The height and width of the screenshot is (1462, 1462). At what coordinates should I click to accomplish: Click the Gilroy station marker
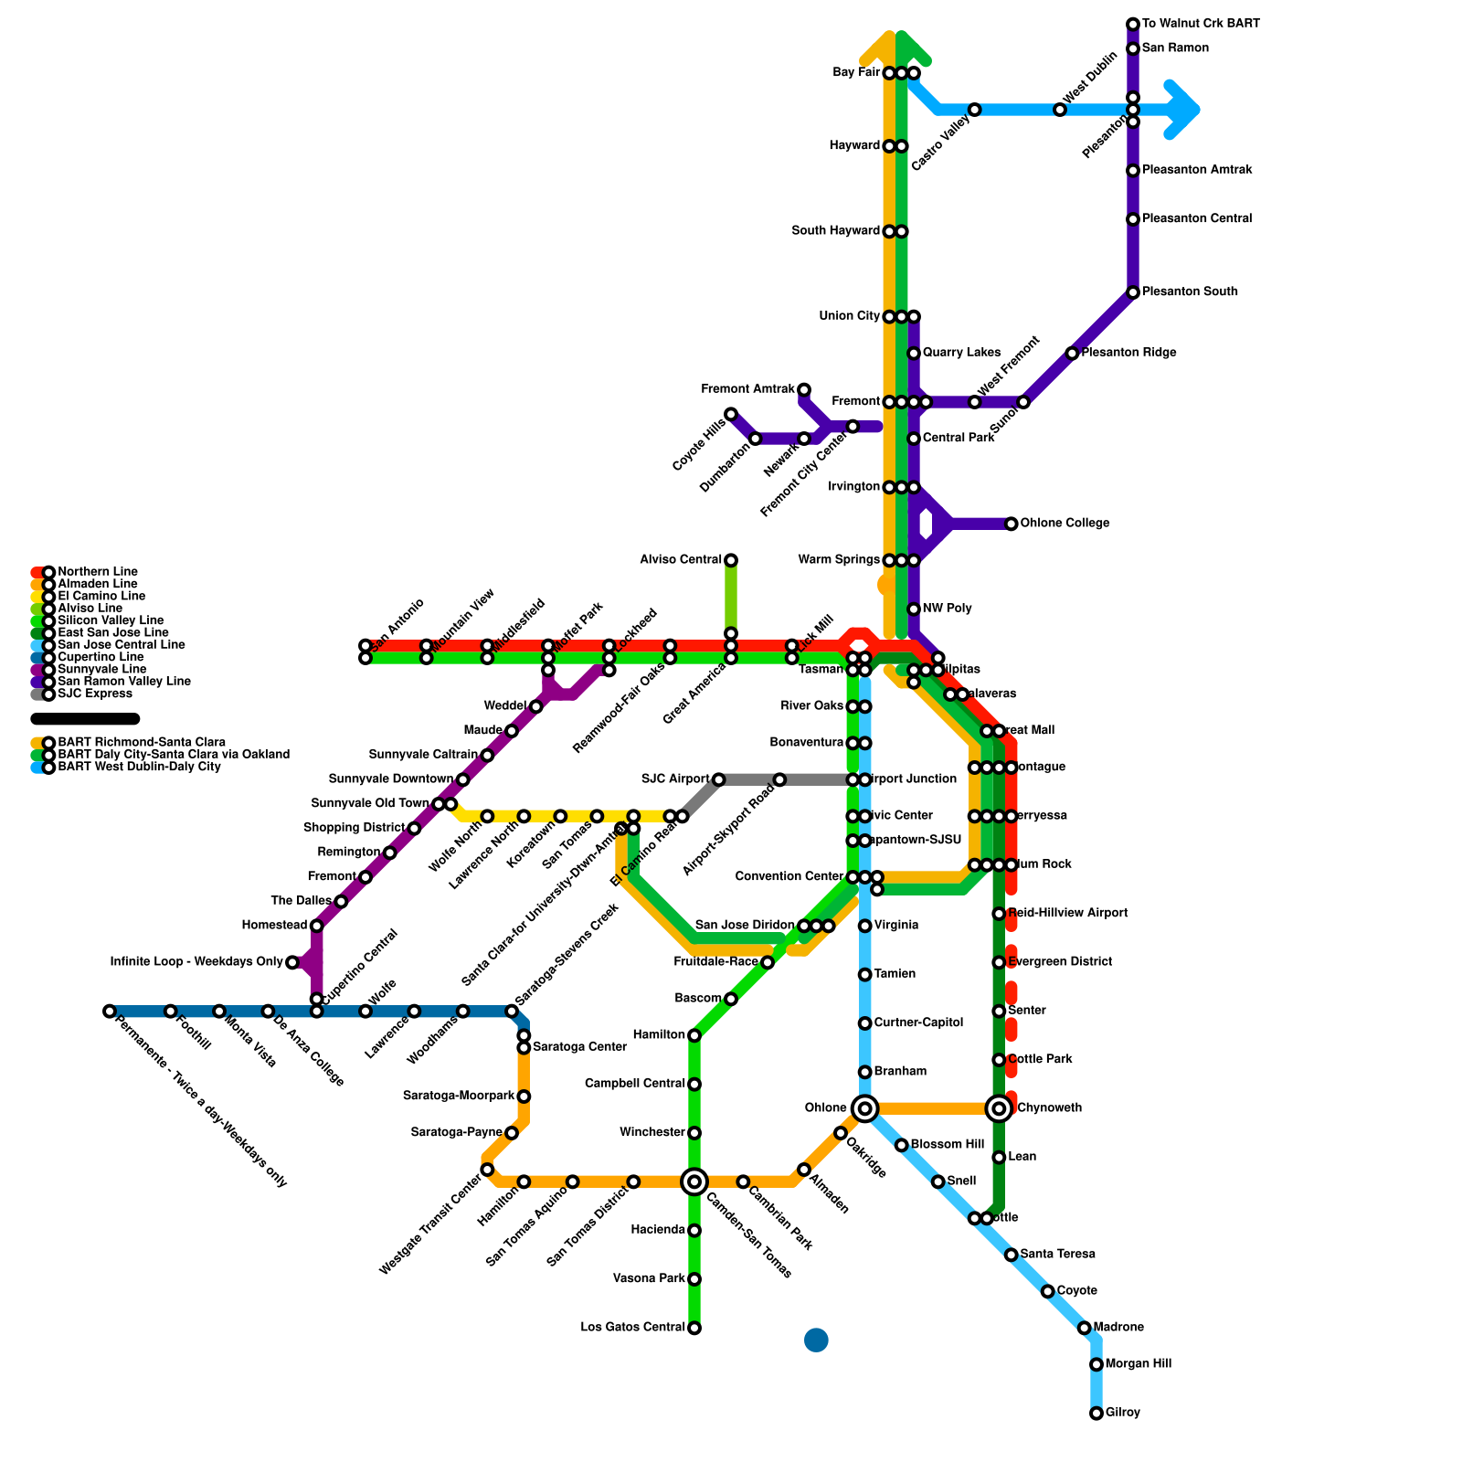[1096, 1414]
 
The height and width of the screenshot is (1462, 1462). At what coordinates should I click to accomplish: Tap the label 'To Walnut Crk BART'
[1201, 24]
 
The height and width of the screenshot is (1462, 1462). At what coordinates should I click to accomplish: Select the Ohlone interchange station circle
[864, 1108]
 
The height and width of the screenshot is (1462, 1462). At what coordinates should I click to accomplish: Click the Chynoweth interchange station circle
[999, 1108]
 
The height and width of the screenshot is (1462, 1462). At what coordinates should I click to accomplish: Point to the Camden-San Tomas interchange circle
[694, 1181]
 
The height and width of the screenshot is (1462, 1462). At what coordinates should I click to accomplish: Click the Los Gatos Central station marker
[694, 1328]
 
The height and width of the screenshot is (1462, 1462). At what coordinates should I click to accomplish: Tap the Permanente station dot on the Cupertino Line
[110, 1011]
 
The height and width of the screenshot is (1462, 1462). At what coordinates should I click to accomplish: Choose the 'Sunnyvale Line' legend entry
[97, 670]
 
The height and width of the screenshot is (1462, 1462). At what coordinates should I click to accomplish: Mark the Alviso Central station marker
[731, 560]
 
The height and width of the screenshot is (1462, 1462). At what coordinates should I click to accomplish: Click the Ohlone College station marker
[1011, 524]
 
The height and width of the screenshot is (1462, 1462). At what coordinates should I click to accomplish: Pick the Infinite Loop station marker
[292, 962]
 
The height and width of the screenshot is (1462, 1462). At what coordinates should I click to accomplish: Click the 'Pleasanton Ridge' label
[1128, 353]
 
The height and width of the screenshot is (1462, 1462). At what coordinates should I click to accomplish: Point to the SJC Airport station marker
[718, 779]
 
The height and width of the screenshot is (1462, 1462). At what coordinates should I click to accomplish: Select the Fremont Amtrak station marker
[804, 390]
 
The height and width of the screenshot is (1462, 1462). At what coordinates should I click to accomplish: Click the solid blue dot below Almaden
[816, 1340]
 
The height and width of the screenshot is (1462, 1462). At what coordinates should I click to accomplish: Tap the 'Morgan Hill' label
[1138, 1364]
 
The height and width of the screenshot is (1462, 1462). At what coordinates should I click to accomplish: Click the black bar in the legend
[85, 719]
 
